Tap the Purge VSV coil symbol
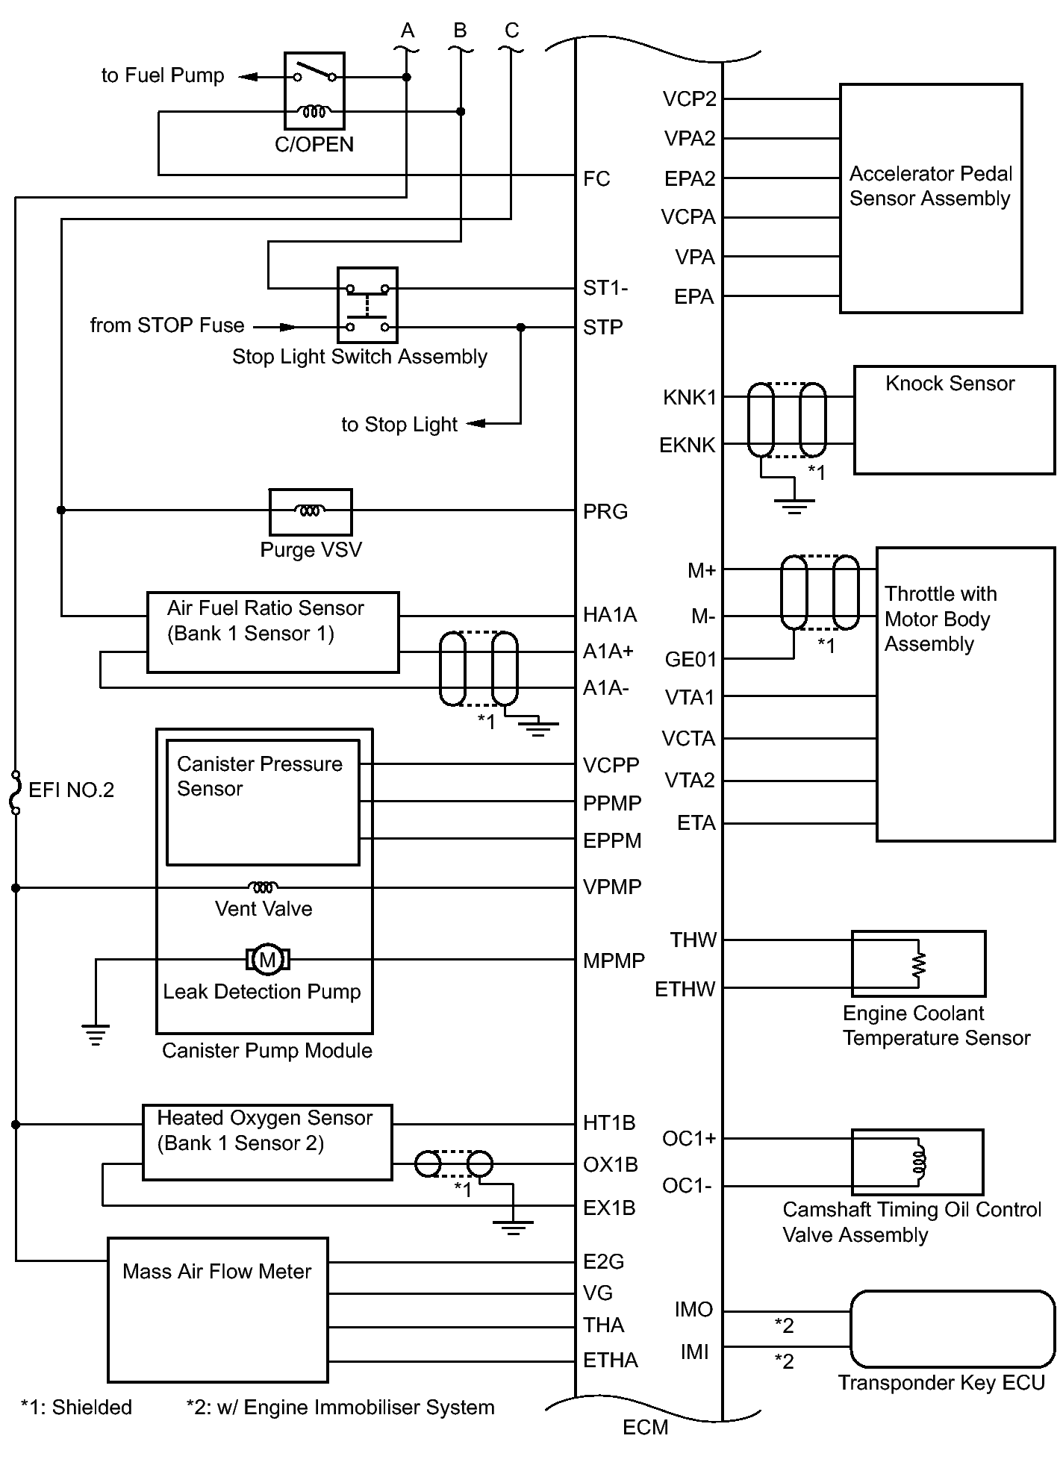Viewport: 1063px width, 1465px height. coord(310,511)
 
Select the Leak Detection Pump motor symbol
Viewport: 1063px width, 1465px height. coord(267,959)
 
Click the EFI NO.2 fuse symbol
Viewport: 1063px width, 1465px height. coord(15,792)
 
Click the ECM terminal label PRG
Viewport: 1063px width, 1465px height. coord(605,512)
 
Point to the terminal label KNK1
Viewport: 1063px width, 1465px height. coord(689,398)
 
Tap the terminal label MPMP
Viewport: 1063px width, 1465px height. coord(614,960)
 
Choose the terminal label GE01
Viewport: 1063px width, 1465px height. coord(691,660)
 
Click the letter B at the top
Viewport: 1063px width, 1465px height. coord(460,31)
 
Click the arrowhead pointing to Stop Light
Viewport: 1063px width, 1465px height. coord(476,423)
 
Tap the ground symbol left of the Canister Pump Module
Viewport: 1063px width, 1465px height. coord(96,1035)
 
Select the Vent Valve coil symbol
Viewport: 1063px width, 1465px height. coord(263,887)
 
